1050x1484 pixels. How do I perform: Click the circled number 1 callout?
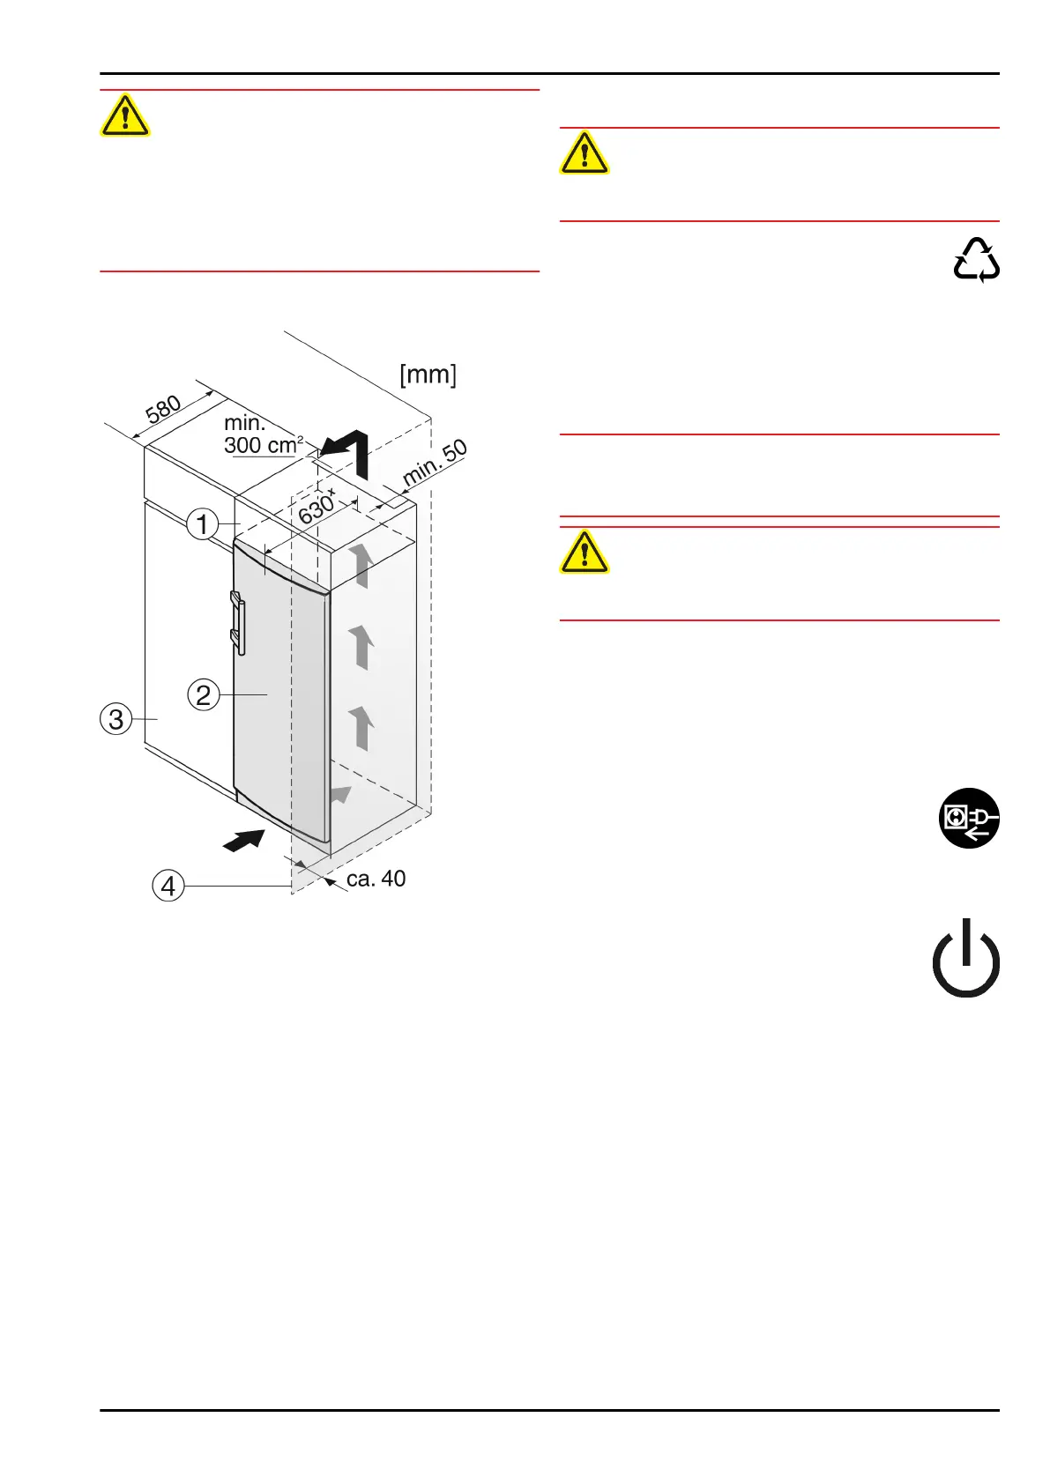203,523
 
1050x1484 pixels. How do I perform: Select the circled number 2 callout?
204,694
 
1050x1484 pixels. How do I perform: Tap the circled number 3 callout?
116,719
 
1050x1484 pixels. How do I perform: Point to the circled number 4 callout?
168,885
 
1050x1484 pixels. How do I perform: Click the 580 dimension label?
164,410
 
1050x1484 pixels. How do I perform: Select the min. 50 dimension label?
435,463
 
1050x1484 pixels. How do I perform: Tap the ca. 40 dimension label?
376,879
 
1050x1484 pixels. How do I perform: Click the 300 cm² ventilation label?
262,444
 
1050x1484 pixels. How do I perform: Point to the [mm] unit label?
428,375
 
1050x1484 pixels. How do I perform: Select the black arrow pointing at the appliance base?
244,841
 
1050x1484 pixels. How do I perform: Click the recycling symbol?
976,260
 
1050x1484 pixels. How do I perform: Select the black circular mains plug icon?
969,818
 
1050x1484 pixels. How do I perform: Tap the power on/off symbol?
966,958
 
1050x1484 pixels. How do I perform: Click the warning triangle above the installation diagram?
125,115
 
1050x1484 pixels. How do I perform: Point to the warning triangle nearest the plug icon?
585,553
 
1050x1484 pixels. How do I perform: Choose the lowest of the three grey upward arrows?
361,727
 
